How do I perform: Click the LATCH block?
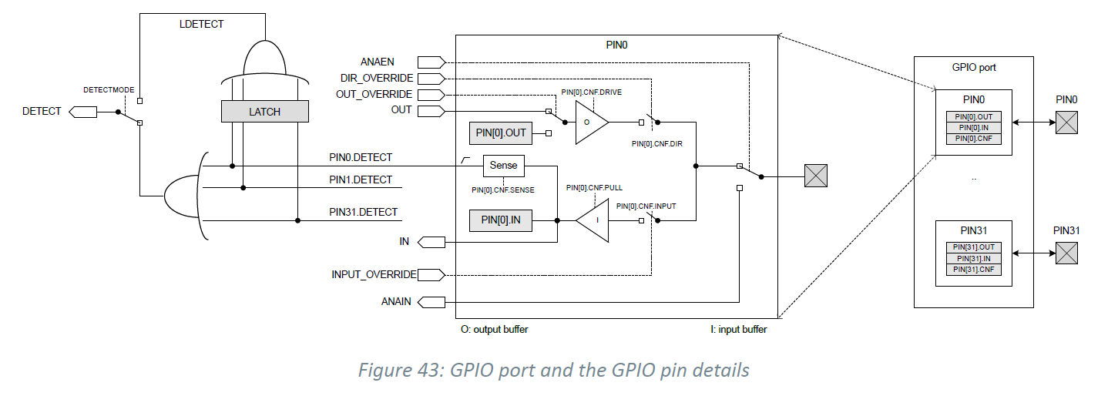coord(264,112)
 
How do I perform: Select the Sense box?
coord(504,166)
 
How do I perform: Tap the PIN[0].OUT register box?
coord(501,133)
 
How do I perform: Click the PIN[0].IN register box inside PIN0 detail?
coord(501,220)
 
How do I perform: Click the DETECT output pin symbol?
coord(82,112)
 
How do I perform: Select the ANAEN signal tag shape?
coord(431,62)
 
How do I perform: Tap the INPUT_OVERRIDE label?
coord(374,274)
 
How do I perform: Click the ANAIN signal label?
coord(396,301)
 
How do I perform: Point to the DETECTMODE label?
coord(109,90)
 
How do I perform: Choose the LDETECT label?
coord(202,24)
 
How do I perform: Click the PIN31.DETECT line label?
coord(364,212)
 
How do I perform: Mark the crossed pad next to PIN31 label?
coord(1066,253)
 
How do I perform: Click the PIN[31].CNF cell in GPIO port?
coord(974,270)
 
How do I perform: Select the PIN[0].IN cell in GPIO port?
coord(974,128)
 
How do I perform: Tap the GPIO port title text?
coord(974,68)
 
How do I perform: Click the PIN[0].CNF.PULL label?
coord(594,188)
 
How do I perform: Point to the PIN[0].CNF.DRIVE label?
coord(592,92)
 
